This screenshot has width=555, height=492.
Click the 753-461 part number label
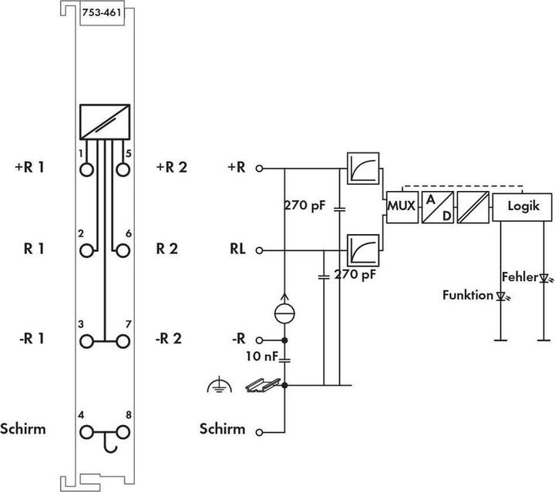point(102,13)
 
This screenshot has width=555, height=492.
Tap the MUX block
point(402,207)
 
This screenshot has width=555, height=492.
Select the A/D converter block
point(438,207)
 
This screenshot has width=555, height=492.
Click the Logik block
point(522,207)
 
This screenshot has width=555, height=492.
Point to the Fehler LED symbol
point(544,278)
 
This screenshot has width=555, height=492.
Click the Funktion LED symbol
point(501,296)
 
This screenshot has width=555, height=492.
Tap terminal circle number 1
point(86,169)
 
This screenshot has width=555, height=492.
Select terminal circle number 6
point(123,251)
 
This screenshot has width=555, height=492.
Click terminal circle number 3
point(86,342)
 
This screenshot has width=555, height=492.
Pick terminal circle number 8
point(123,432)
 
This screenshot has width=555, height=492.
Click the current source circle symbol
point(284,313)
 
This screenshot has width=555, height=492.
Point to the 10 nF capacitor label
point(262,356)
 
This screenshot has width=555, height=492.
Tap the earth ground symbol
point(220,385)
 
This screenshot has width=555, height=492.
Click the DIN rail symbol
point(263,385)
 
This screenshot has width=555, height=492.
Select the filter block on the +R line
point(363,169)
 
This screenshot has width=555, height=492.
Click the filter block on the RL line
point(363,250)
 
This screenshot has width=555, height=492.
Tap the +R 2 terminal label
point(171,167)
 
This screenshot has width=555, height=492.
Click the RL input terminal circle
point(259,250)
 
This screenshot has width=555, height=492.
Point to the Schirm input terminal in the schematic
point(259,432)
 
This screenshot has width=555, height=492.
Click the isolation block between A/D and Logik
point(473,207)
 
